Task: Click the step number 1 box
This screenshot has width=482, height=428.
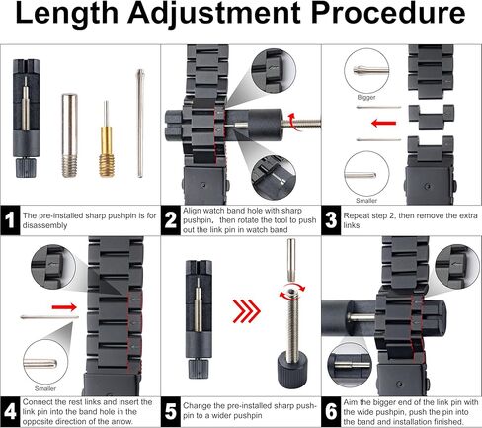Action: pos(10,220)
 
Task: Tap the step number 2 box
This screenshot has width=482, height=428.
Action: pos(171,220)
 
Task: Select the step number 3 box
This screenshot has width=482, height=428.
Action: pos(331,220)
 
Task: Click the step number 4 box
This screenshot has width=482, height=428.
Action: pos(10,412)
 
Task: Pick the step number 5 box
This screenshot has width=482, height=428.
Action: pos(171,412)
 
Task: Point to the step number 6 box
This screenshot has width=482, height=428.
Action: pos(331,412)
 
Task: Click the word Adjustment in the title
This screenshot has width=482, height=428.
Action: pos(213,14)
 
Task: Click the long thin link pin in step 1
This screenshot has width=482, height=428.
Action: pos(140,124)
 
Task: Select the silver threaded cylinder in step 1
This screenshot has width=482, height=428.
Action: pos(69,135)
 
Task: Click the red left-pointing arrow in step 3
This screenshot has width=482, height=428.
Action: pos(383,124)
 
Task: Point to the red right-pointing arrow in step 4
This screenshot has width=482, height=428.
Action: pos(64,307)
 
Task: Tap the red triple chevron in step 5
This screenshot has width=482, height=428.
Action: pos(247,310)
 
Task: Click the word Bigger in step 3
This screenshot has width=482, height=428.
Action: pos(366,98)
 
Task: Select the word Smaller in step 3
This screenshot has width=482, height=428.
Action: pos(366,201)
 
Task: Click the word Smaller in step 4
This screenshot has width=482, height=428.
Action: pos(45,388)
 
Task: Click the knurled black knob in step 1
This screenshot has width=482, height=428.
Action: pos(26,168)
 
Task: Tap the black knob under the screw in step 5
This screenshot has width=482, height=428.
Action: pos(292,370)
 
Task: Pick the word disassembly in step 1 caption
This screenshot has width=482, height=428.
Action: pos(44,226)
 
